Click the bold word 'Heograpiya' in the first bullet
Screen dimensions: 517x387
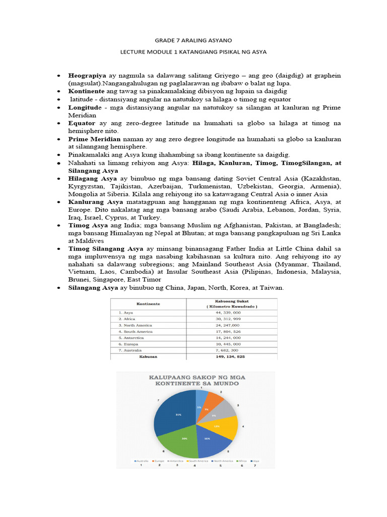click(x=87, y=75)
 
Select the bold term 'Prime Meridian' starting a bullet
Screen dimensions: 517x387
click(x=94, y=138)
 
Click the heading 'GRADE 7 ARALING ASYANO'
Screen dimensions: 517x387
click(x=193, y=39)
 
